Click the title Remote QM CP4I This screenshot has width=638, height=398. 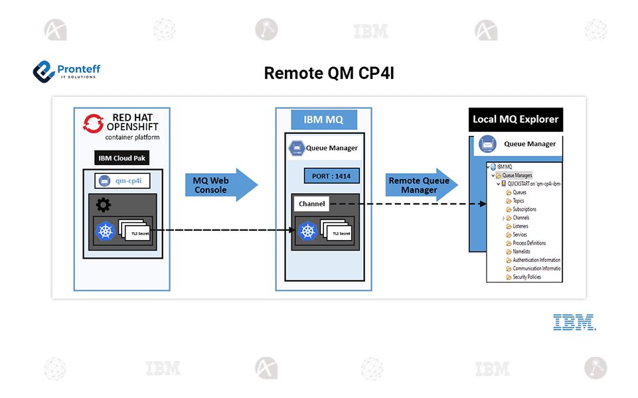[329, 73]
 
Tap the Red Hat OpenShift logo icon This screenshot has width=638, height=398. [93, 123]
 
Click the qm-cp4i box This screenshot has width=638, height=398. [122, 180]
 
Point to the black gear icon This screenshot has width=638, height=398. [103, 205]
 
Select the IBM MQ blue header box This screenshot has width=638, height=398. [323, 120]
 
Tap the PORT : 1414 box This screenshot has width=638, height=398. [331, 176]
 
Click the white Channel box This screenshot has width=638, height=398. [311, 204]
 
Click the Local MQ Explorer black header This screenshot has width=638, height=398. [515, 120]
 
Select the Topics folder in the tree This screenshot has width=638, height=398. [518, 201]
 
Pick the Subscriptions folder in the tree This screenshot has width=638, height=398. [524, 210]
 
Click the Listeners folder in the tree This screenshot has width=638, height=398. [520, 226]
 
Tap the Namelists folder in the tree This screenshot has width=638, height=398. [521, 252]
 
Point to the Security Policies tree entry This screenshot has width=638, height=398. [526, 277]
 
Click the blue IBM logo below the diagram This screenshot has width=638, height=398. [574, 322]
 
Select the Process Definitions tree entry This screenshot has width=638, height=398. [528, 243]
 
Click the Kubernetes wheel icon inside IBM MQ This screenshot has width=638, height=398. [307, 231]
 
